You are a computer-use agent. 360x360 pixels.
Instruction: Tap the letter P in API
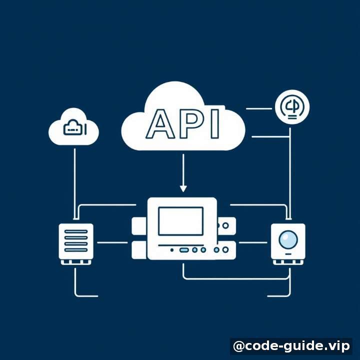tap(191, 124)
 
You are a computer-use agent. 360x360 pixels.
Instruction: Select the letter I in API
tap(215, 124)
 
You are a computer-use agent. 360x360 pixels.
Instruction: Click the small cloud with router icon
tap(73, 126)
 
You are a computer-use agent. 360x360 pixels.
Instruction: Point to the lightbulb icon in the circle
tap(292, 107)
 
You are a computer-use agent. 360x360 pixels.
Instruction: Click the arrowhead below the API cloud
tap(183, 188)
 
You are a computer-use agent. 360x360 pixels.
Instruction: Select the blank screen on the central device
tap(180, 221)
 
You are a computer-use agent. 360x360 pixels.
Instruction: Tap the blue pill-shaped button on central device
tap(184, 250)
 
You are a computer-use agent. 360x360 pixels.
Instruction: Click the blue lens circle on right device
tap(288, 239)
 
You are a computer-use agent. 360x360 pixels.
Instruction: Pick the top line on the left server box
tap(76, 231)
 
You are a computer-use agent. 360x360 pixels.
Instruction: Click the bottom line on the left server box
tap(76, 250)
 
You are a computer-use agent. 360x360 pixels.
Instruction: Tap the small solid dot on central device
tap(171, 250)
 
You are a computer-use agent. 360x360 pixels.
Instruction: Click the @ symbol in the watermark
tap(238, 346)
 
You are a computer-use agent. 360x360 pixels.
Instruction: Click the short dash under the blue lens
tap(288, 254)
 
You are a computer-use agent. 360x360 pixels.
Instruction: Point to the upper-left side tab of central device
tap(139, 226)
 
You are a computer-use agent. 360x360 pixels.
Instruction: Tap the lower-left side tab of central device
tap(139, 250)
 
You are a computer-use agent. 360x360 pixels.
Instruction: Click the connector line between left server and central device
tap(112, 242)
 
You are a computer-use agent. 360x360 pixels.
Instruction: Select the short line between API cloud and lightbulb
tap(259, 108)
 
